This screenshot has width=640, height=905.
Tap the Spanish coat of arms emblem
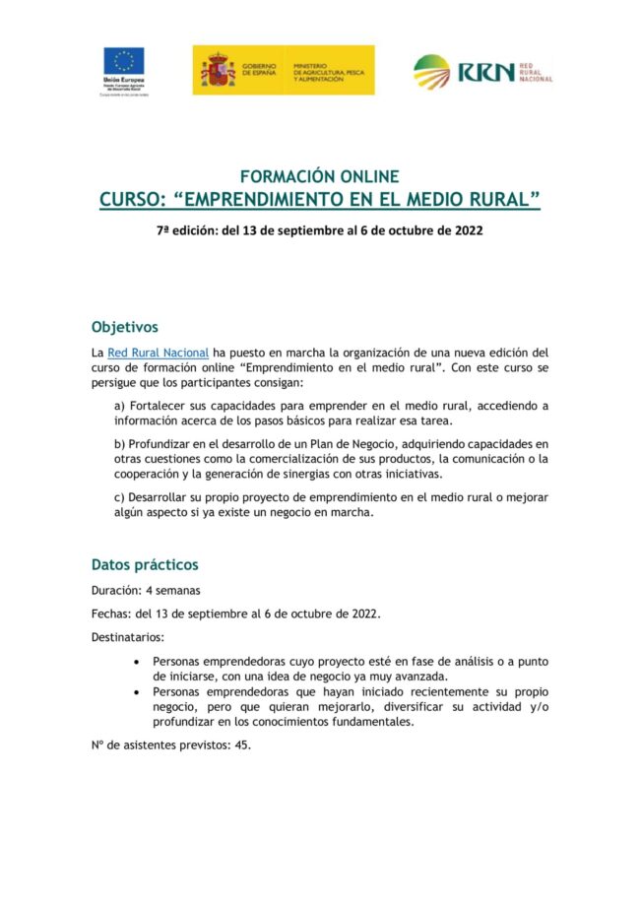click(217, 70)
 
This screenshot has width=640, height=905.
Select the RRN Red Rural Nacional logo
click(482, 71)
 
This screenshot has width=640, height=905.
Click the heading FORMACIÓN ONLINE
click(320, 177)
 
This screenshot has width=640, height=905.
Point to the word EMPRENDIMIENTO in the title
click(294, 201)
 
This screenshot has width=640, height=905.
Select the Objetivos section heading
click(124, 327)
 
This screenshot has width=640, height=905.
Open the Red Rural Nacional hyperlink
click(158, 353)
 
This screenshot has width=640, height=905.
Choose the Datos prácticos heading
click(145, 565)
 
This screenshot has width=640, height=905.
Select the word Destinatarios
click(127, 637)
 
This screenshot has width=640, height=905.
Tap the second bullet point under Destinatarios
click(137, 692)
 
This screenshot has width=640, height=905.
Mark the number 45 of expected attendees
click(242, 745)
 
